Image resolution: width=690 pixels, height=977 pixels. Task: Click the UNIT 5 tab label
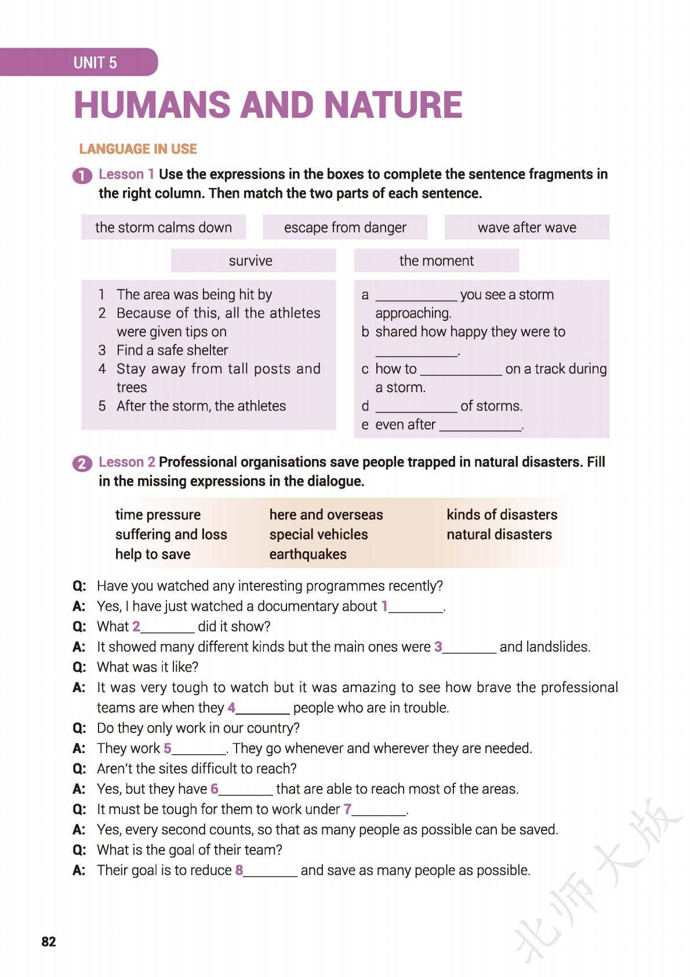(x=95, y=63)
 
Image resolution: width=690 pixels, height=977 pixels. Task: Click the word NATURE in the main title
(x=393, y=106)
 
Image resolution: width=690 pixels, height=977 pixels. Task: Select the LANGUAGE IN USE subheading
(x=138, y=149)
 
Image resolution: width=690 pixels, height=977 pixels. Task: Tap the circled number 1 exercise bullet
(x=82, y=176)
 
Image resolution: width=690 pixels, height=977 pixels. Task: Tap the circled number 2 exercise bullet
(x=82, y=464)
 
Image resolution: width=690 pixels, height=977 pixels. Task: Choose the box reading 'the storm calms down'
(x=164, y=227)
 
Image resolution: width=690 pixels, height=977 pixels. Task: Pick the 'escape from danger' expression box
(x=345, y=227)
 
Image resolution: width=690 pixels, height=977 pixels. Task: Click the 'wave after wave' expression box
(x=526, y=227)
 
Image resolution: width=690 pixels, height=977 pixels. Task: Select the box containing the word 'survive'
(x=250, y=260)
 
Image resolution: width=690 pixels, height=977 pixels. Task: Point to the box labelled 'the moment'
(x=436, y=260)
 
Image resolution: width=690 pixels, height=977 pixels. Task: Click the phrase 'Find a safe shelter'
(x=172, y=350)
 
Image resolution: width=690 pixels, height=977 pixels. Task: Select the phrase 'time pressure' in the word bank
(x=158, y=515)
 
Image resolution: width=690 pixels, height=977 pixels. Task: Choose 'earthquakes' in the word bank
(x=308, y=554)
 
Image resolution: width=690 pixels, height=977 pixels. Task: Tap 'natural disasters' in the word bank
(x=499, y=534)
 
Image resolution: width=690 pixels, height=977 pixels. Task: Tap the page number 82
(x=49, y=942)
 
